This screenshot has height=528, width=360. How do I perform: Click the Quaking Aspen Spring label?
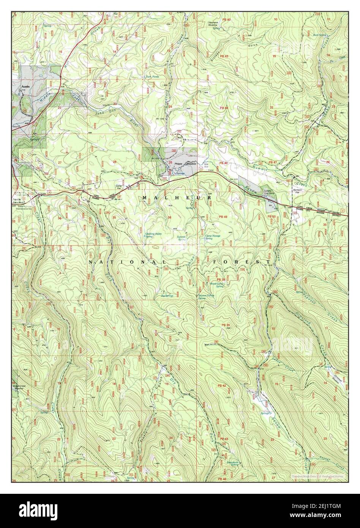tap(153, 235)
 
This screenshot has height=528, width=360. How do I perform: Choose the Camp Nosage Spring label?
tap(213, 237)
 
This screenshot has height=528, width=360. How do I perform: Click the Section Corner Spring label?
tap(206, 297)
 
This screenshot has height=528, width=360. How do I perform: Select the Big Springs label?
tap(167, 295)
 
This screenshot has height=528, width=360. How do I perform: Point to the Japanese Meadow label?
tap(216, 25)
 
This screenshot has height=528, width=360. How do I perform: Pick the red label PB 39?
tap(226, 325)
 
